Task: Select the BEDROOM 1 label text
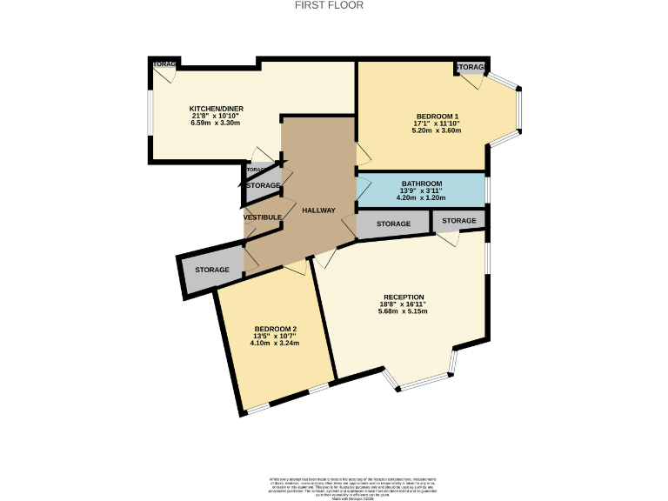click(x=436, y=117)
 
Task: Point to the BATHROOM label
click(x=421, y=184)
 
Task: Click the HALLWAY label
click(x=318, y=210)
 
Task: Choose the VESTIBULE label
click(x=262, y=217)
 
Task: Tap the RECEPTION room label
click(x=403, y=297)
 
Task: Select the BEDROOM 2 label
click(x=275, y=329)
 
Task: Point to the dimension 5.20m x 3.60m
click(x=436, y=130)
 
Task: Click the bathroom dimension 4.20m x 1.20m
click(x=421, y=197)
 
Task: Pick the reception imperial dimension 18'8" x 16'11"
click(x=403, y=304)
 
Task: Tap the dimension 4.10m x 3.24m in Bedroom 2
click(x=275, y=343)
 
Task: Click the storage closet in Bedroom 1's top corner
click(x=471, y=68)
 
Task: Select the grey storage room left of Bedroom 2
click(x=211, y=271)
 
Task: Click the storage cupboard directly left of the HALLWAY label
click(x=262, y=186)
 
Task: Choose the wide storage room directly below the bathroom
click(x=393, y=224)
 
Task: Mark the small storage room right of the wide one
click(x=458, y=221)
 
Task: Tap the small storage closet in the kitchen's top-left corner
click(x=163, y=65)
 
